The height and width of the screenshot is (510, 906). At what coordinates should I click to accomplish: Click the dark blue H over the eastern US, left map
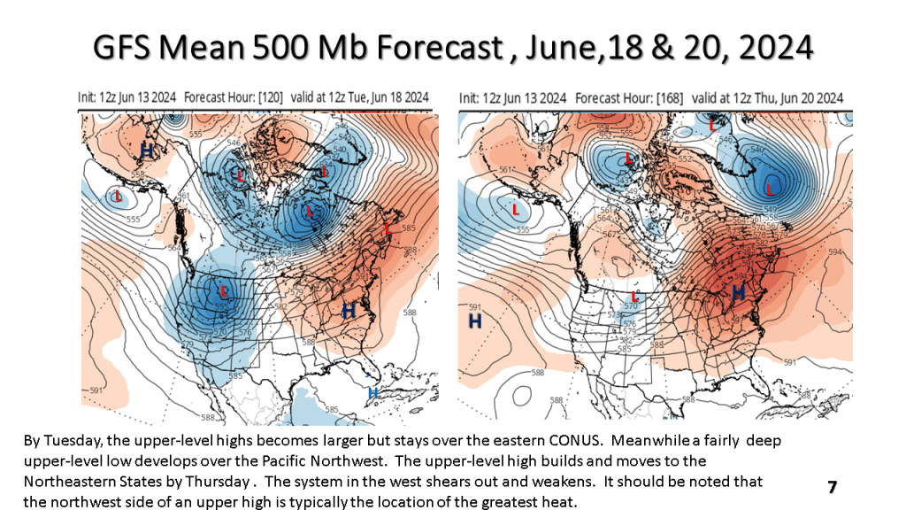click(x=349, y=310)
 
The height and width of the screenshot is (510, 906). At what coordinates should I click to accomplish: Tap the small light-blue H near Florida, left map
click(x=372, y=391)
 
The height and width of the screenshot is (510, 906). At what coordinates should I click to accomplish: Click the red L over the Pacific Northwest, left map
click(x=224, y=290)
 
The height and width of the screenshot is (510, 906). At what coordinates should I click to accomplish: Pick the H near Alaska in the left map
click(x=146, y=151)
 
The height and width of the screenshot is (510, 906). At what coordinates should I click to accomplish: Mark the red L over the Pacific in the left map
click(x=117, y=196)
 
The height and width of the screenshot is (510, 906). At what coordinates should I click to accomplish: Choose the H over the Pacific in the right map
click(x=474, y=321)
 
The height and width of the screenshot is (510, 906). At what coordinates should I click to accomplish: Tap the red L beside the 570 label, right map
click(x=634, y=297)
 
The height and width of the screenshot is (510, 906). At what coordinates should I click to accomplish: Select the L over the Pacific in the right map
click(x=515, y=210)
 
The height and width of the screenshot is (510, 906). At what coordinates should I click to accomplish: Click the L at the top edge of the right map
click(x=713, y=126)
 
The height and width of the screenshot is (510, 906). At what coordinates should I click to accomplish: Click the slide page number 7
click(x=832, y=487)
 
